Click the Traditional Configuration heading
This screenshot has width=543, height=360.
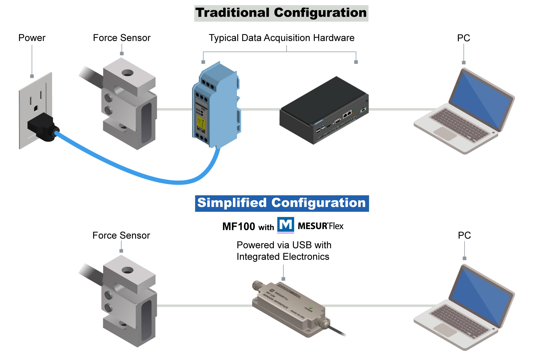click(x=281, y=13)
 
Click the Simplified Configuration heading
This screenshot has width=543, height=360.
click(x=282, y=203)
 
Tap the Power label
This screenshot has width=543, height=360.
click(x=32, y=38)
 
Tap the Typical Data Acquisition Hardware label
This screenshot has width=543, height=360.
click(x=281, y=38)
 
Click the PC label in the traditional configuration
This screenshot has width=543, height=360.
click(x=463, y=38)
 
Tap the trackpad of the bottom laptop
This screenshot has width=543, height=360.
click(x=445, y=330)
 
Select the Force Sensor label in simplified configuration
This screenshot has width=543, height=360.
click(x=121, y=236)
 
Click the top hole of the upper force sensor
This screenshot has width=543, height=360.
click(x=127, y=72)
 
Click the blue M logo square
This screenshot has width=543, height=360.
click(x=286, y=225)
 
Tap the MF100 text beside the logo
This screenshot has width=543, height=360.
click(x=239, y=227)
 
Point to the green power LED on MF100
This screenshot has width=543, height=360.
click(x=310, y=307)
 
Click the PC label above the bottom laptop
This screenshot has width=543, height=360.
click(x=464, y=236)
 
